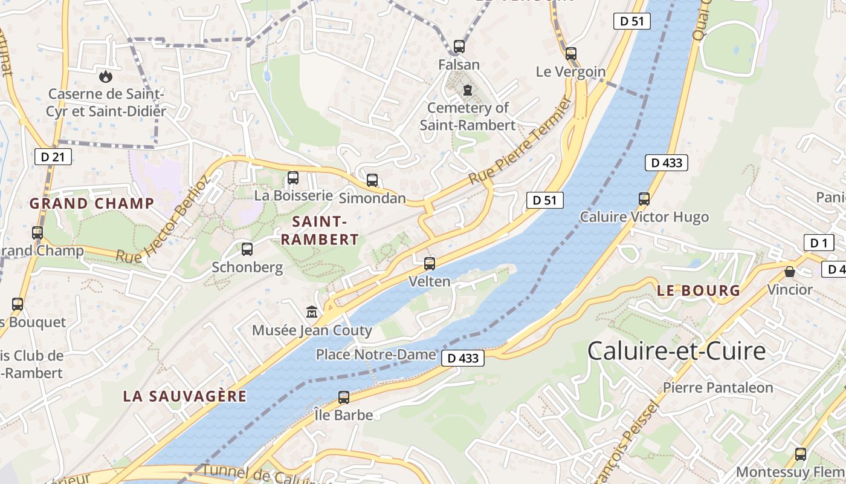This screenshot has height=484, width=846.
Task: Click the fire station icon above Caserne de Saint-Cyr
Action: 106,77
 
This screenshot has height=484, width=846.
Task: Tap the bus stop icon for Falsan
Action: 459,47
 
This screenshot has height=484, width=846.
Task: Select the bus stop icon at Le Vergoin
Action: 571,54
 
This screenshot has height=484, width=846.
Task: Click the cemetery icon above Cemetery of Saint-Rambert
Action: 467,91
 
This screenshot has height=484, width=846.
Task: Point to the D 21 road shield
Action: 53,157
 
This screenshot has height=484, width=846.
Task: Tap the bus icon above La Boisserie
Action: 293,178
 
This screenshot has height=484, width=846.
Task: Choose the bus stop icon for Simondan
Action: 372,180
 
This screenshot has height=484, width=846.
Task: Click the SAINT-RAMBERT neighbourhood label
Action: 320,230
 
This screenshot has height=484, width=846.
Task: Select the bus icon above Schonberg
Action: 247,249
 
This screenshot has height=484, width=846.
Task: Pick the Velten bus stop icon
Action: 430,264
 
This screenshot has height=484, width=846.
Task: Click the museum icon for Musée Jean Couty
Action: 312,312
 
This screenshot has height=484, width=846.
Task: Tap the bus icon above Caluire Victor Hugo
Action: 644,199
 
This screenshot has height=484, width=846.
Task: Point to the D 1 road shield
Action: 819,243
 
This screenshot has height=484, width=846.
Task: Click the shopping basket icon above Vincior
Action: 790,272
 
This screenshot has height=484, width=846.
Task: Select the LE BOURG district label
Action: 698,291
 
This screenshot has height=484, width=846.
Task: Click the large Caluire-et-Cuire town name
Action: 676,352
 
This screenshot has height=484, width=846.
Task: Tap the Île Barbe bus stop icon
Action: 344,397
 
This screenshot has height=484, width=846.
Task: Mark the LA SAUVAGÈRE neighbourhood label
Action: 185,396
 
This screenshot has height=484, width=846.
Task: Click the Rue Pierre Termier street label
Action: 520,143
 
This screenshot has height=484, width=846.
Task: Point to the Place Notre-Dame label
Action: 376,355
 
